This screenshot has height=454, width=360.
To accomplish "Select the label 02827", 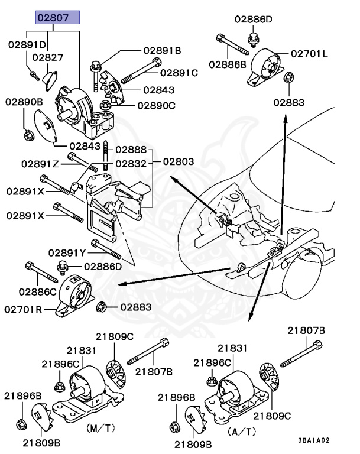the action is [x=47, y=57].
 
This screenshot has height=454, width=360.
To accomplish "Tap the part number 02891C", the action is [x=179, y=73].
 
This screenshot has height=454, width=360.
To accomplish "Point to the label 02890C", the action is [x=157, y=106].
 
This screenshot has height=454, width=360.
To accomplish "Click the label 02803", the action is [x=179, y=161].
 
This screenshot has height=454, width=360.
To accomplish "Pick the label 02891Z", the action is [x=40, y=164].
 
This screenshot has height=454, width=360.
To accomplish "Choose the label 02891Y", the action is [x=67, y=253].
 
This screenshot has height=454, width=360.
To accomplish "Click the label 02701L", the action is [x=309, y=54].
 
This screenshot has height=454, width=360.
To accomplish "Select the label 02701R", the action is [x=23, y=310].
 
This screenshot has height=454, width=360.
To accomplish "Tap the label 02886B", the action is [x=228, y=64].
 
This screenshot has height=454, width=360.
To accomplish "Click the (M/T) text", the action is [x=100, y=428].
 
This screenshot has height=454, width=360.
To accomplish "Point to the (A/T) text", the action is [x=242, y=432].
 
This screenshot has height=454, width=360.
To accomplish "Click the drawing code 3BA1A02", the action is [x=314, y=440].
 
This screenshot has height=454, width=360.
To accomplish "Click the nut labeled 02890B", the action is [x=29, y=135].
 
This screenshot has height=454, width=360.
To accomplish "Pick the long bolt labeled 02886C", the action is [x=41, y=272].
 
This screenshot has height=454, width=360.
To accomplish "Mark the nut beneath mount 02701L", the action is [x=289, y=77].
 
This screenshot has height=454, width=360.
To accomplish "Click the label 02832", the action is [x=131, y=164].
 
